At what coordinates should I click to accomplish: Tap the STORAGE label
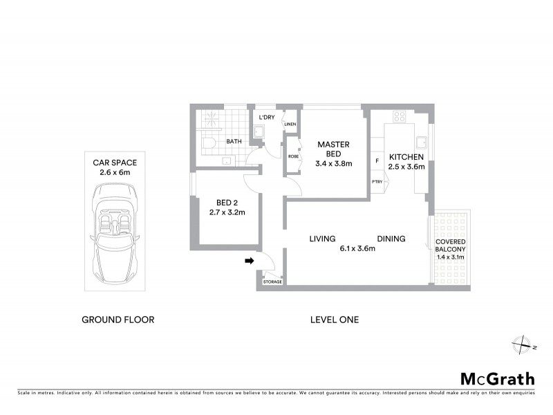tap(272, 282)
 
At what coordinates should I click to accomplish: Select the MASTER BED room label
tap(334, 149)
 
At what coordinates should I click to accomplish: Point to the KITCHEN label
tap(406, 156)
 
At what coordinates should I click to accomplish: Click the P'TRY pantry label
tap(377, 182)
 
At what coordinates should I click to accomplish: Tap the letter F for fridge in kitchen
tap(377, 161)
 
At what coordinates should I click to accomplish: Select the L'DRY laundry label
tap(267, 118)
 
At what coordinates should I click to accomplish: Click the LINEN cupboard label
tap(290, 125)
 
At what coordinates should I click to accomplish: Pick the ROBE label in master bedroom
tap(293, 156)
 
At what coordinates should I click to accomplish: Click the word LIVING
tap(322, 239)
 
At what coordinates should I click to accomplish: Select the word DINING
tap(391, 239)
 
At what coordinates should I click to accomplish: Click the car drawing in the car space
tap(115, 235)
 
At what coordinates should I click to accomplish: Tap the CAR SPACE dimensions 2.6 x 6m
tap(115, 172)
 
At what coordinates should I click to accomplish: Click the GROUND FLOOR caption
tap(118, 320)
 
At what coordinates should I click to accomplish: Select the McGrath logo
tap(497, 378)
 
